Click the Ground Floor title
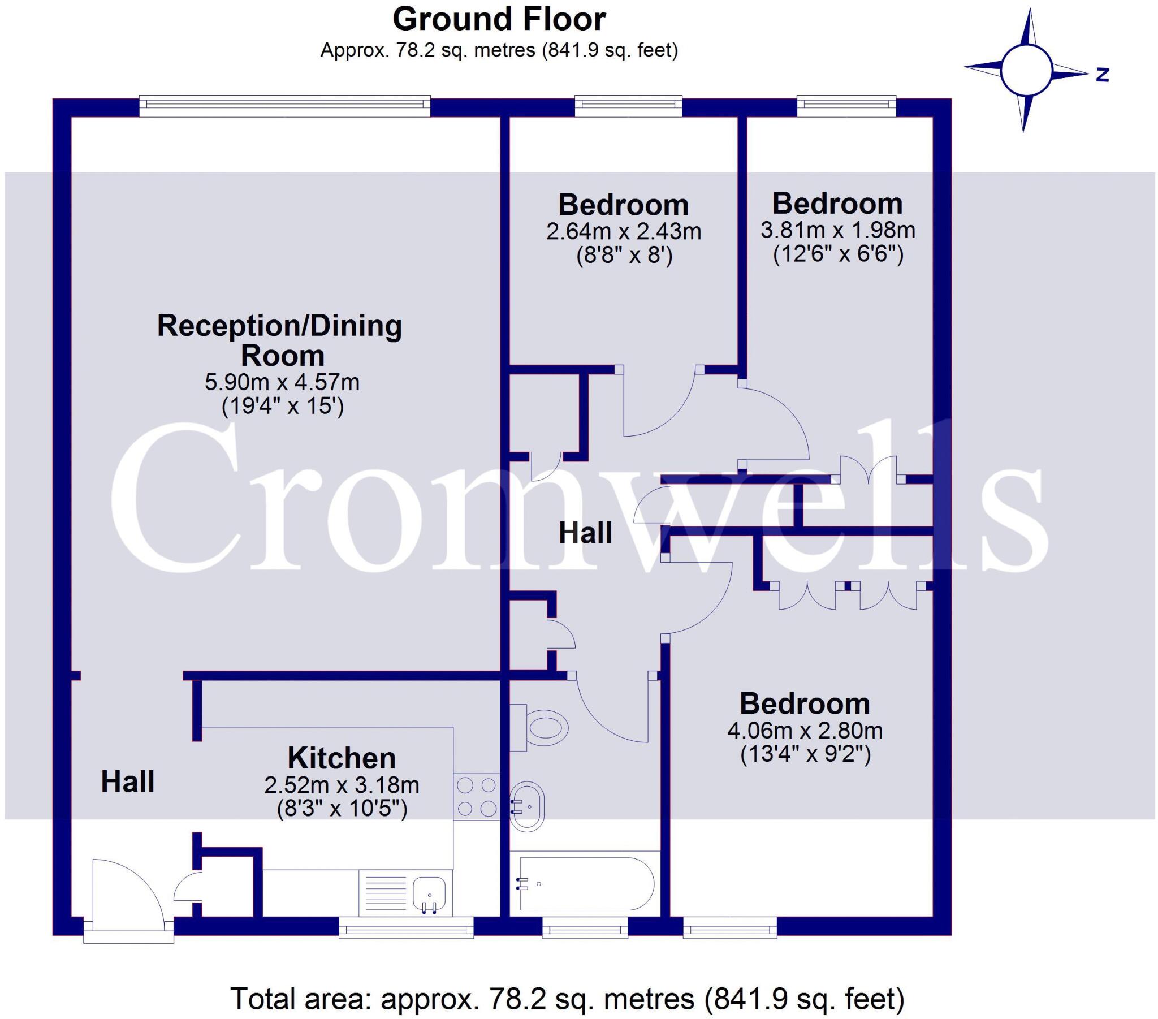pos(499,20)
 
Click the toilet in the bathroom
pos(539,728)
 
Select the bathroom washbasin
pos(527,806)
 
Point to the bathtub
pos(586,883)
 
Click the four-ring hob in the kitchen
pos(477,797)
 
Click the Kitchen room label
pos(341,758)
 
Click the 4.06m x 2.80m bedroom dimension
pos(805,731)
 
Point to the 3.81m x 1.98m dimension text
pos(837,230)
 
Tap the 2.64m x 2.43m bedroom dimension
pos(623,231)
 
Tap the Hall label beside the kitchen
pos(127,782)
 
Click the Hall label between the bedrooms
pos(585,533)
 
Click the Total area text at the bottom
pos(567,998)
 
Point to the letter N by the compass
pos(1102,74)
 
